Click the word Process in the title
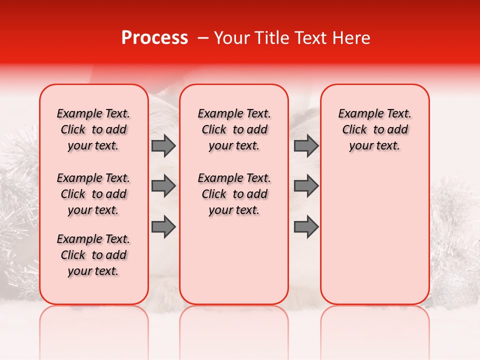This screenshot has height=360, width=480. pyautogui.click(x=154, y=38)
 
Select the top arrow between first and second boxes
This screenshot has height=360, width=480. pyautogui.click(x=163, y=146)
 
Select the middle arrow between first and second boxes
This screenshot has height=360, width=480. pyautogui.click(x=163, y=186)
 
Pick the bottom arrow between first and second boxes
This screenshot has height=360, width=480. pyautogui.click(x=163, y=227)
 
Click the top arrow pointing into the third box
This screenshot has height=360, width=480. pyautogui.click(x=306, y=146)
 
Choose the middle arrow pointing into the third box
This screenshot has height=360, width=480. pyautogui.click(x=306, y=186)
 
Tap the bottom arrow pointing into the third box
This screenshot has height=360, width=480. pyautogui.click(x=306, y=227)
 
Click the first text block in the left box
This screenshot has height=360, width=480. pyautogui.click(x=93, y=129)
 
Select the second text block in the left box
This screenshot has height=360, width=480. pyautogui.click(x=93, y=194)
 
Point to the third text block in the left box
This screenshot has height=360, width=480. pyautogui.click(x=93, y=255)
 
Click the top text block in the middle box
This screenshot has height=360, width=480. pyautogui.click(x=234, y=129)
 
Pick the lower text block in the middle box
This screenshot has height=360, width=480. pyautogui.click(x=234, y=194)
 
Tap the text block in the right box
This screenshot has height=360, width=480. pyautogui.click(x=374, y=129)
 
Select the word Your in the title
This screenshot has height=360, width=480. pyautogui.click(x=232, y=38)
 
